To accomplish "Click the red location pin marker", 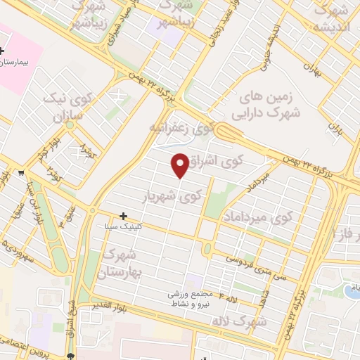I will [x=181, y=164].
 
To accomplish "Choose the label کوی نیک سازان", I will [x=66, y=104].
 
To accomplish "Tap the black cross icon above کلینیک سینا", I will [x=124, y=216].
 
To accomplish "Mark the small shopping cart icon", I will [x=22, y=172].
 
